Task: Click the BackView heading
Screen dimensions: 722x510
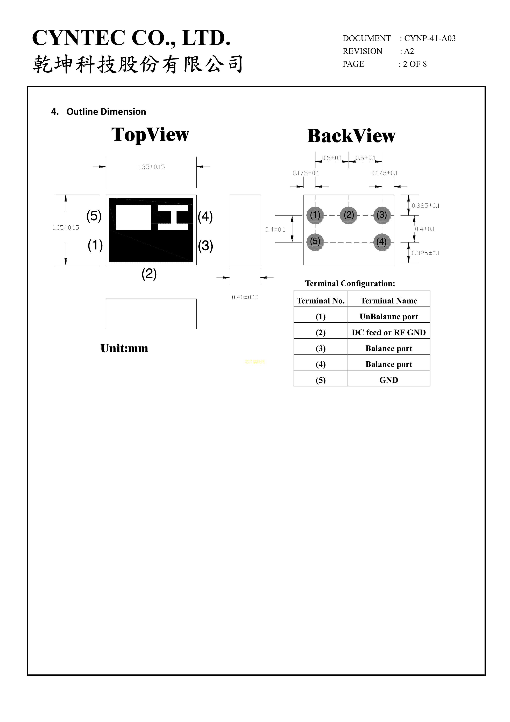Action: click(351, 136)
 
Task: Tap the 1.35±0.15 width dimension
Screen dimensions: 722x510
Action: click(151, 167)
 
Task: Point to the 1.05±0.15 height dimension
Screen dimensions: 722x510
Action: click(66, 228)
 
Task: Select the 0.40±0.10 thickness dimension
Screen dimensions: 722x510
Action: click(245, 297)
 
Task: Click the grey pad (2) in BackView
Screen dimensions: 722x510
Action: click(349, 215)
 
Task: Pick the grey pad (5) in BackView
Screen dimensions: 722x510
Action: click(315, 242)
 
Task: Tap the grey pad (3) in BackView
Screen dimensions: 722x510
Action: click(382, 215)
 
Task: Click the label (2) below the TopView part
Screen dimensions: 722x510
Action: click(149, 274)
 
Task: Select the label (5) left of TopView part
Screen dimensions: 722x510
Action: click(94, 216)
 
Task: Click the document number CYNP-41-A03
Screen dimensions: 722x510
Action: click(430, 38)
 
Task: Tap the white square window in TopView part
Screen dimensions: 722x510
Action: click(133, 217)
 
